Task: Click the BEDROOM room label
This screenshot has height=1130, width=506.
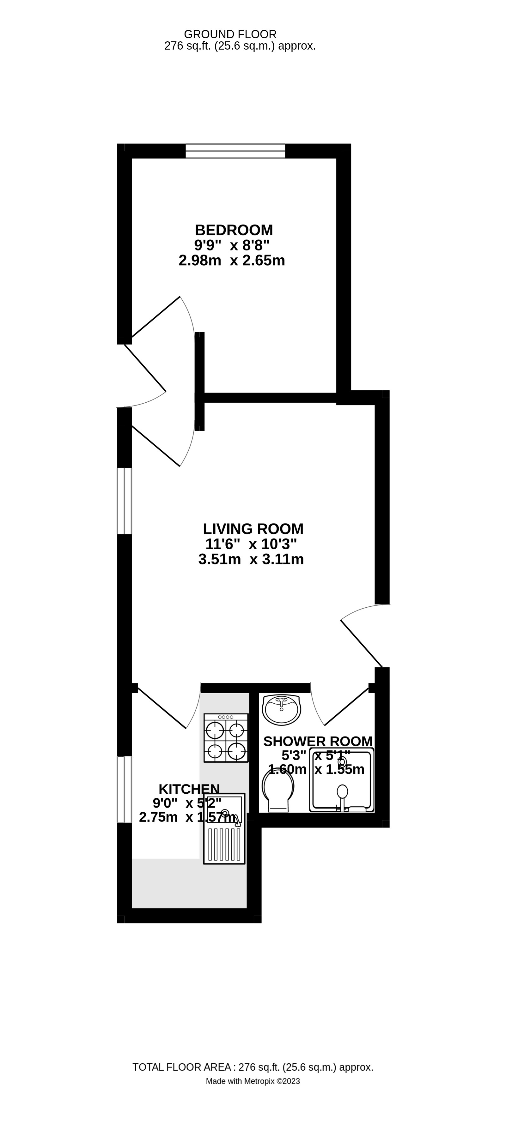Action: click(x=234, y=230)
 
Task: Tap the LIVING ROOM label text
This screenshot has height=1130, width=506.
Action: click(x=253, y=529)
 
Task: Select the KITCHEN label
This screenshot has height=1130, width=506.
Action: click(x=189, y=789)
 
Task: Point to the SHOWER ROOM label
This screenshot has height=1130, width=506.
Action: click(x=318, y=741)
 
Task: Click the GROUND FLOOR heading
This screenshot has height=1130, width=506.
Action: click(x=230, y=34)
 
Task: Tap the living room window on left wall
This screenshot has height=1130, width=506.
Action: click(x=124, y=501)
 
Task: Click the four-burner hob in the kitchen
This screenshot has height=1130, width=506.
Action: click(x=226, y=737)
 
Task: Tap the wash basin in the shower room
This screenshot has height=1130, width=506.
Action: click(x=281, y=709)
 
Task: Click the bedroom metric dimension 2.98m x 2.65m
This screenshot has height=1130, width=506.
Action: click(x=232, y=261)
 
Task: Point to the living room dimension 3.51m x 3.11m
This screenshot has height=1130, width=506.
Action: click(x=251, y=560)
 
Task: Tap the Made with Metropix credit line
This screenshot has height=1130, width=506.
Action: click(x=253, y=1081)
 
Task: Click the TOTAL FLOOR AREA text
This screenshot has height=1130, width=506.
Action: click(x=253, y=1067)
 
